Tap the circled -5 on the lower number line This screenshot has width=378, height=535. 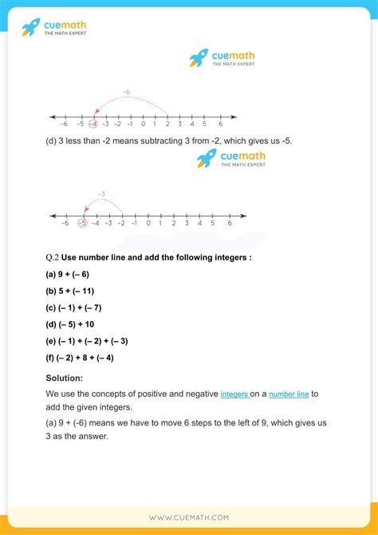coord(82,224)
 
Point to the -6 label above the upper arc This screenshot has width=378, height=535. coord(127,93)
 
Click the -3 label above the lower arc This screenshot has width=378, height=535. coord(101,194)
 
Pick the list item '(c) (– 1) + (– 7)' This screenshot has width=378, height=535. coord(79,307)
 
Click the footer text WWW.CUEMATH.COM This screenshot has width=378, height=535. coord(189,517)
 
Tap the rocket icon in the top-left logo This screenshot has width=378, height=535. coord(30,28)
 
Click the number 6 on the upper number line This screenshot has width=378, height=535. coord(220,124)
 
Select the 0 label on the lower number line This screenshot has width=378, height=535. coord(161,224)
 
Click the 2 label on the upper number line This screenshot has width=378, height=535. coord(167,124)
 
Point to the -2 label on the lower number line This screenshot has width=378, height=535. coord(122,224)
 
